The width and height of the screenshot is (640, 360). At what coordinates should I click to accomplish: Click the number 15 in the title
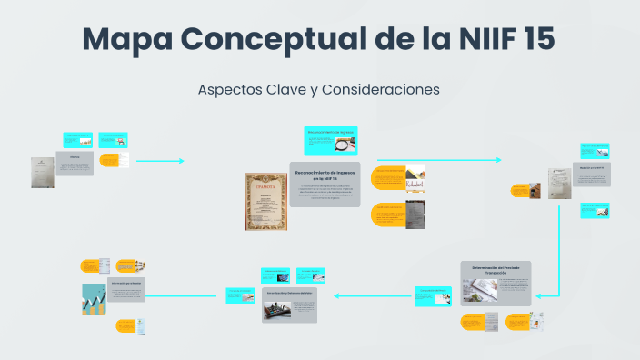coord(532,40)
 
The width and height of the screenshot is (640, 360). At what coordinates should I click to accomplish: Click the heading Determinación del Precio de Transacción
coord(495,269)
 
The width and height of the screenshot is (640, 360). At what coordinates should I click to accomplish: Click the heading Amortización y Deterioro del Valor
coord(290,295)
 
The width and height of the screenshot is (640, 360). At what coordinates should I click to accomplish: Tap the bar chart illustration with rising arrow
coord(94,298)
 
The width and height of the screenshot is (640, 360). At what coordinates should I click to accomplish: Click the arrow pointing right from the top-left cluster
coord(181,161)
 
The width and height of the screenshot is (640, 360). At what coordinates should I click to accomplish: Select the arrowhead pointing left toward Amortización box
coord(337,295)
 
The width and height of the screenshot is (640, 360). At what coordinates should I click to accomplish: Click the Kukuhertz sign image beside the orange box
coord(415,176)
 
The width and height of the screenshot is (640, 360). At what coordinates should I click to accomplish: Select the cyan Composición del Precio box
coord(433,295)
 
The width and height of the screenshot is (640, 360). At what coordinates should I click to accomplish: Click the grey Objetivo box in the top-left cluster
coord(75,163)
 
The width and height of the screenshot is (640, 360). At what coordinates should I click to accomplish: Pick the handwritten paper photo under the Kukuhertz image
coord(414,216)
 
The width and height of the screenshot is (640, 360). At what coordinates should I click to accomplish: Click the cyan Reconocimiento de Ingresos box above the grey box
coord(330,141)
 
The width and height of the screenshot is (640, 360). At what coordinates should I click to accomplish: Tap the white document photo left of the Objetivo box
coord(42,172)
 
